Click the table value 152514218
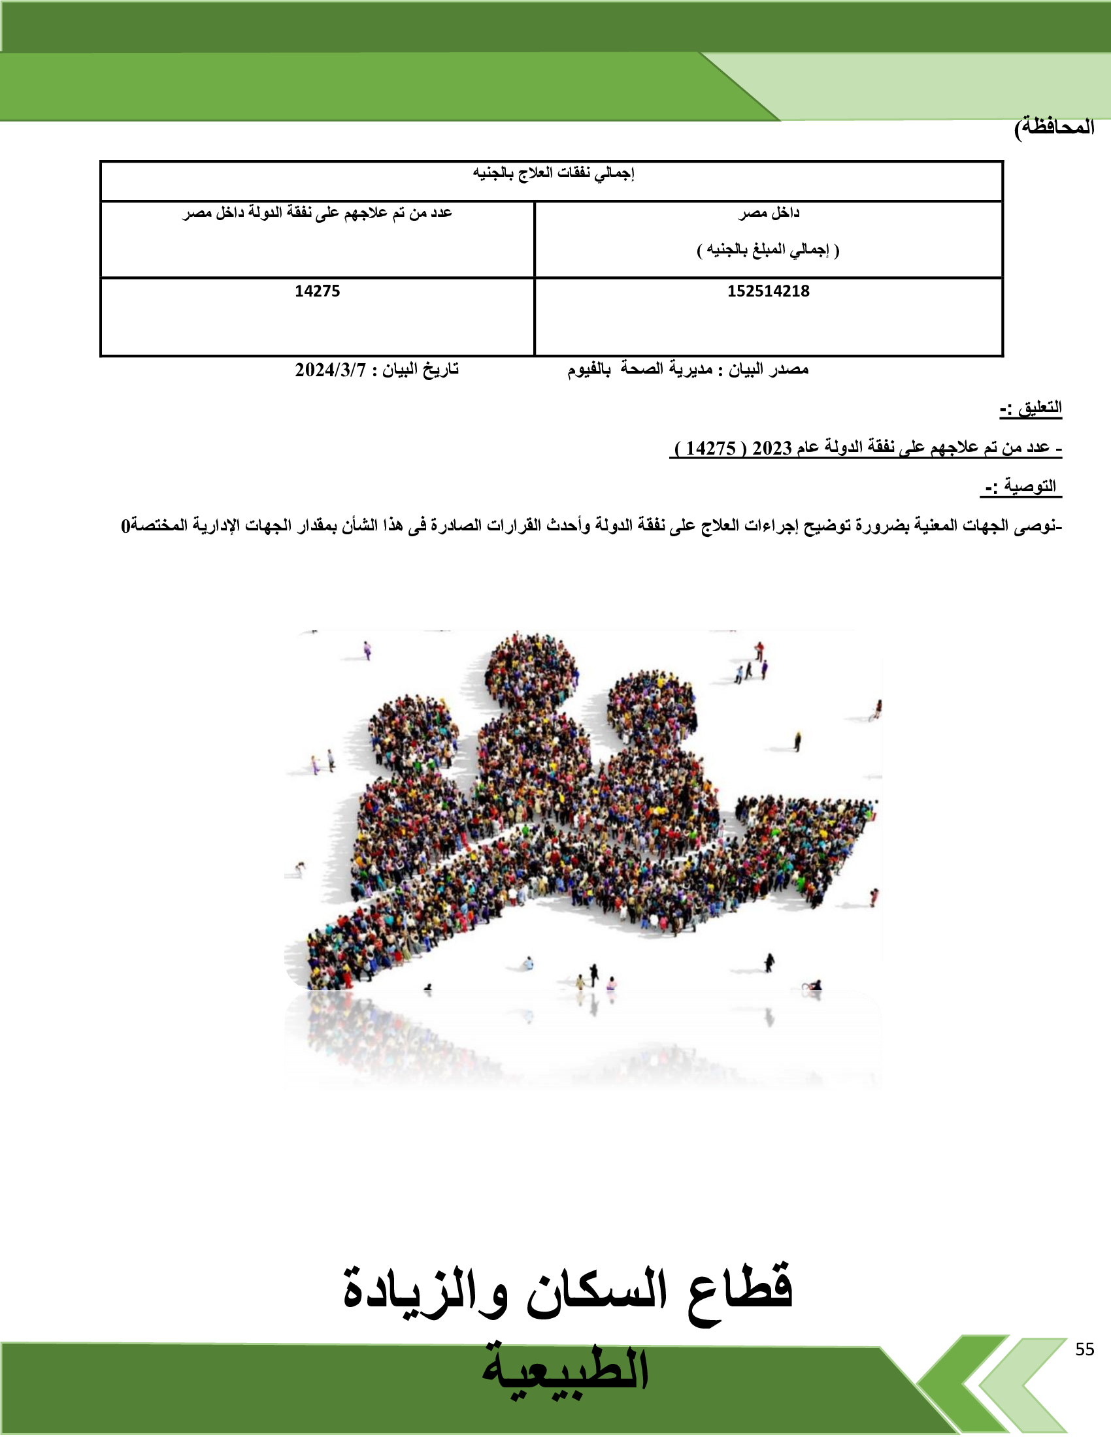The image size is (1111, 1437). tap(768, 291)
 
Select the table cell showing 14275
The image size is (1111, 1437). tap(317, 291)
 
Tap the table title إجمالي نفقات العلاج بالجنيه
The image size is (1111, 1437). tap(553, 173)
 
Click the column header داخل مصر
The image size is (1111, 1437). tap(768, 212)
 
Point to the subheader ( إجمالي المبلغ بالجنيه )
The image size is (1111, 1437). tap(768, 250)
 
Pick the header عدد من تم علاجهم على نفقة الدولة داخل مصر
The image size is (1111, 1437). tap(317, 212)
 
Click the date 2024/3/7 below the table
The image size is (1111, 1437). tap(330, 370)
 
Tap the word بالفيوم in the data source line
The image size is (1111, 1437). tap(589, 370)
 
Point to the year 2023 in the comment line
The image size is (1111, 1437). tap(772, 448)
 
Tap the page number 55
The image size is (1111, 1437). tap(1085, 1349)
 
